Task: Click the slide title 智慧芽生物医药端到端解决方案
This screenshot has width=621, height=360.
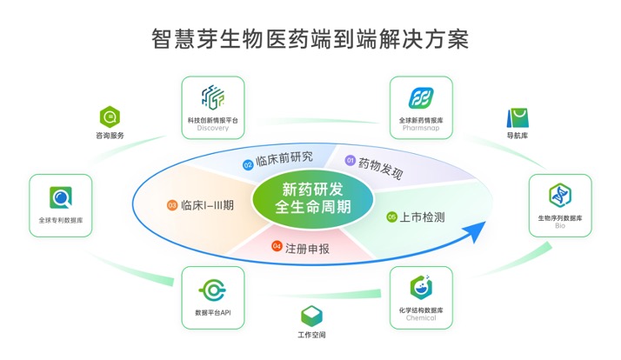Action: pos(310,39)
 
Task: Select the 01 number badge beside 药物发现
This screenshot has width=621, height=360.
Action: pos(351,161)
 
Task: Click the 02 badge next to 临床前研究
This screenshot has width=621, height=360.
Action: pos(248,163)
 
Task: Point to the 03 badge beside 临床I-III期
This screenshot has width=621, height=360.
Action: pos(171,205)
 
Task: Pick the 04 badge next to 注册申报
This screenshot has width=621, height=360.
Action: pos(277,247)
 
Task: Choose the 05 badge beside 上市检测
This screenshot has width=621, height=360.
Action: pos(391,217)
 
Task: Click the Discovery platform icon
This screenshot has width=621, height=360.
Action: pos(213,97)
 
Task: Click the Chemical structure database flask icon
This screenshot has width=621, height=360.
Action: pos(421,286)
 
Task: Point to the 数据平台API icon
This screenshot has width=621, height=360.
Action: pos(213,289)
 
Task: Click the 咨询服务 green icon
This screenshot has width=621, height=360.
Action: pos(110,117)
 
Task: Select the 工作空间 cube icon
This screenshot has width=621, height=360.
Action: pos(311,317)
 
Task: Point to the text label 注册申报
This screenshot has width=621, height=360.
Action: pos(307,248)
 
